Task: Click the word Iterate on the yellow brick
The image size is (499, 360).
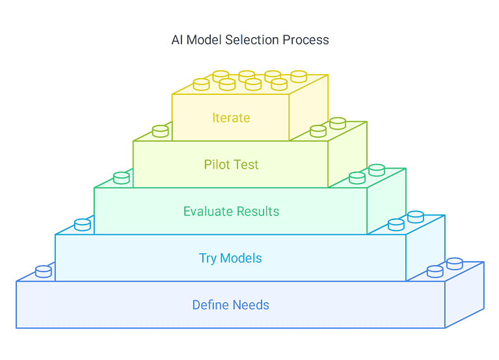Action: [231, 118]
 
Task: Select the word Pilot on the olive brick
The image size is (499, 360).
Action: [217, 165]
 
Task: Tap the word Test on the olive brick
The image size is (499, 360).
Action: [247, 165]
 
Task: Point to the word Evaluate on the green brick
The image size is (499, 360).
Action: [208, 212]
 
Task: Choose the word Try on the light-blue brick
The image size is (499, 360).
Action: [208, 258]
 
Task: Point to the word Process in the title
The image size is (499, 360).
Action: [306, 40]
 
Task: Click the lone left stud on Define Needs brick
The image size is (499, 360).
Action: [44, 271]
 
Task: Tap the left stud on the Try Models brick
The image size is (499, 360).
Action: [83, 225]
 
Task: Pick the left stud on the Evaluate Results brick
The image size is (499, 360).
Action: [122, 178]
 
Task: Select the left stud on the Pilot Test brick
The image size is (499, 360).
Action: [161, 131]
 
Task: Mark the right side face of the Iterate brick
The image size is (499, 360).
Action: [308, 107]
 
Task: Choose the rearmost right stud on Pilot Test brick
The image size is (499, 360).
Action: [338, 123]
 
